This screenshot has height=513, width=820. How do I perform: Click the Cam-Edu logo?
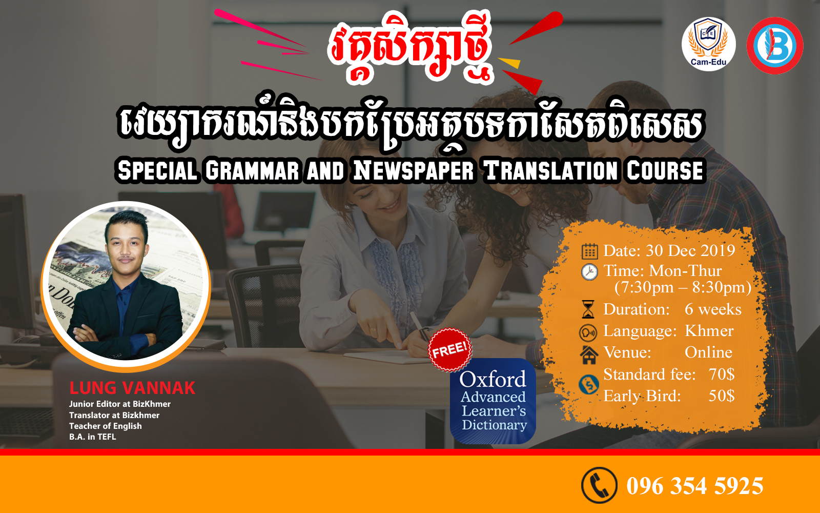click(x=708, y=44)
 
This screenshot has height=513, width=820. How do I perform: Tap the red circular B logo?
click(x=775, y=46)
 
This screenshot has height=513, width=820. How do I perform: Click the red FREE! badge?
click(x=450, y=350)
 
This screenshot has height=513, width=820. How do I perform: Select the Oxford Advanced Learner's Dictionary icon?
click(x=493, y=401)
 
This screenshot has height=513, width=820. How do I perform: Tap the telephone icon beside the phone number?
click(x=599, y=485)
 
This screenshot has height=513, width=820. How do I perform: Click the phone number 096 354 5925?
click(x=695, y=486)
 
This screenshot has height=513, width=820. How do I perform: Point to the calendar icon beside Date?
click(x=589, y=251)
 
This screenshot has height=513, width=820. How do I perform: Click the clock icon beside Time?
click(x=589, y=272)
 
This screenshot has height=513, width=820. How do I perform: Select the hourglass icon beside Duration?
click(x=588, y=309)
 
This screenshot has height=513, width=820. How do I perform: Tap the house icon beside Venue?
click(x=589, y=354)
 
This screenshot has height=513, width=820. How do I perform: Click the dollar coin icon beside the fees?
click(x=589, y=385)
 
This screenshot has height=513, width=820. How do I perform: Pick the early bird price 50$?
click(x=721, y=396)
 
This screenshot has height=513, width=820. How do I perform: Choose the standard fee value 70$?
click(x=721, y=374)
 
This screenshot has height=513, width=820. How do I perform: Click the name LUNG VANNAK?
click(x=132, y=388)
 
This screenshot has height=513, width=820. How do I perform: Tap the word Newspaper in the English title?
click(x=413, y=171)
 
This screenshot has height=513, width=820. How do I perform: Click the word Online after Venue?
click(x=708, y=352)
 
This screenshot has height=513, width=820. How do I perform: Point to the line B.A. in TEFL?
click(x=93, y=437)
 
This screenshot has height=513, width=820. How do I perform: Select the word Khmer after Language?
click(x=709, y=331)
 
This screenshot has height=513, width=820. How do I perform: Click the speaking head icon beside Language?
click(x=588, y=333)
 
